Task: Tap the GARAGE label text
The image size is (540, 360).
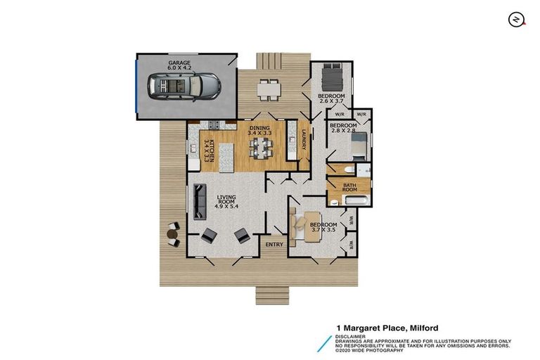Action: (179, 63)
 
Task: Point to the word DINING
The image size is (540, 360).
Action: (259, 127)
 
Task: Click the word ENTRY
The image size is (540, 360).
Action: (274, 245)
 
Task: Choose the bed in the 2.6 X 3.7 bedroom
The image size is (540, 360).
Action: (331, 75)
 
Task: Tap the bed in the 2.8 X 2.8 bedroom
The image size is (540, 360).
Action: (355, 148)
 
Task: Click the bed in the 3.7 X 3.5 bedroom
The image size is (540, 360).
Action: (300, 225)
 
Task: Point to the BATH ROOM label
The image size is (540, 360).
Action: (349, 187)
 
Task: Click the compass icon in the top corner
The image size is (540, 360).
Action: (516, 19)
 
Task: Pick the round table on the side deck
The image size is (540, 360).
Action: (172, 233)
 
